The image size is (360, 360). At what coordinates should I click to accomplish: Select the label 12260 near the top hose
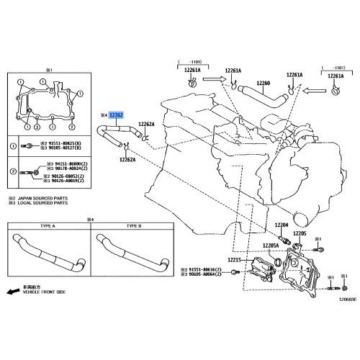pyautogui.click(x=263, y=83)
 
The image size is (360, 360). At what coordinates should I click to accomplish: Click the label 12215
pyautogui.click(x=236, y=259)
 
